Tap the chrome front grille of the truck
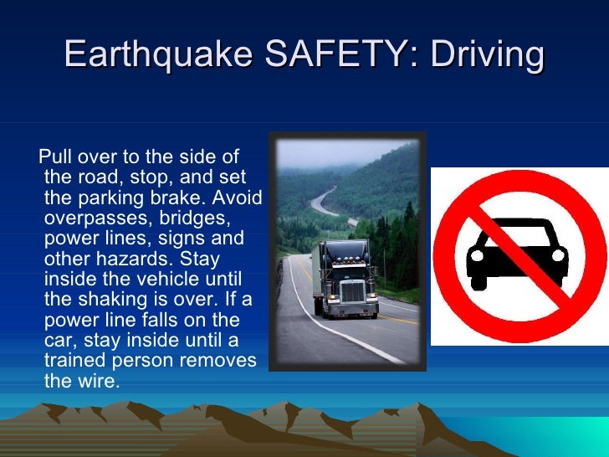coord(352,292)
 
